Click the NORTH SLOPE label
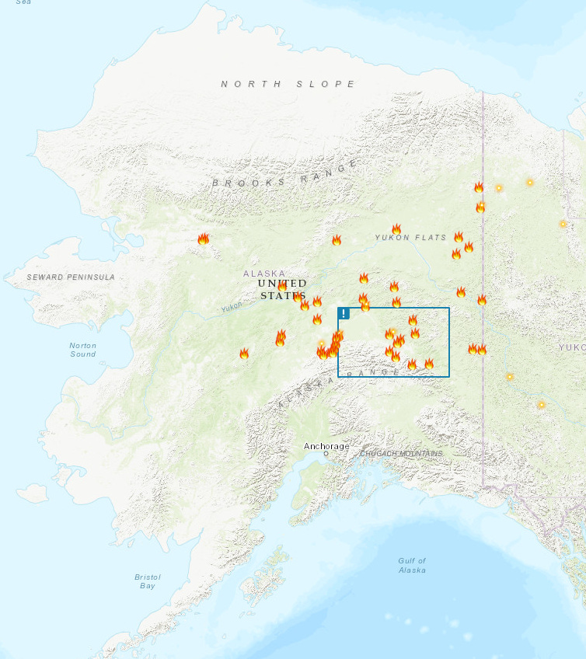point(288,84)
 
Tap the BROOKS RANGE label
point(285,175)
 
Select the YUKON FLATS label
point(410,238)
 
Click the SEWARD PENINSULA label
point(71,277)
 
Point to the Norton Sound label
point(83,350)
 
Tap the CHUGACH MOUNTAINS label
point(401,453)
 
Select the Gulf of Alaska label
point(412,565)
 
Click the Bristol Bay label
point(147,581)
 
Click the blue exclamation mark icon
point(344,313)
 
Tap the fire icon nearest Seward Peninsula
point(204,239)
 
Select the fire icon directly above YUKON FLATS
point(396,229)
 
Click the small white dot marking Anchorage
point(326,454)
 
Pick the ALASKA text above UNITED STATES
point(264,274)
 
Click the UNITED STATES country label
point(283,289)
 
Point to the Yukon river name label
point(232,308)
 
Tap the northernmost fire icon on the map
point(479,187)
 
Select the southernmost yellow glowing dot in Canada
point(542,405)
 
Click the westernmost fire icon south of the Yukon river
point(244,354)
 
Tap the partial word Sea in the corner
point(24,2)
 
